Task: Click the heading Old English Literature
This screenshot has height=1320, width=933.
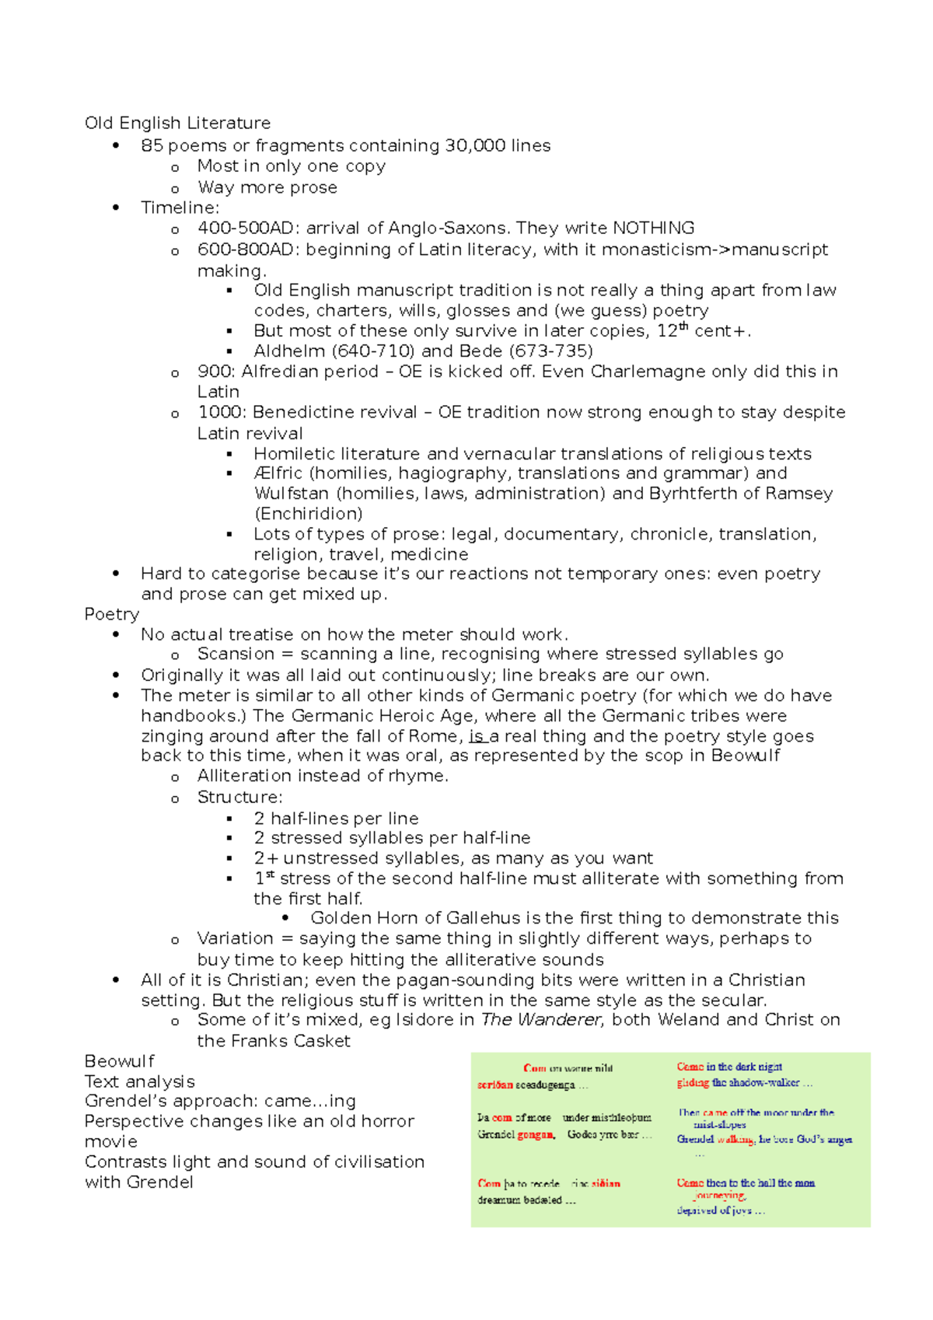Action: pyautogui.click(x=177, y=123)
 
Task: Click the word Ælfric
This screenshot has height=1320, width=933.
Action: pyautogui.click(x=278, y=473)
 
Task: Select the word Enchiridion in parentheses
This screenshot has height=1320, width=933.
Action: pyautogui.click(x=309, y=514)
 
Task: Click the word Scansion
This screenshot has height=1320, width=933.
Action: pyautogui.click(x=236, y=654)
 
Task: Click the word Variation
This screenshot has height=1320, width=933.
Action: pyautogui.click(x=235, y=938)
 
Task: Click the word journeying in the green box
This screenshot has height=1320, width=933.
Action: pyautogui.click(x=720, y=1196)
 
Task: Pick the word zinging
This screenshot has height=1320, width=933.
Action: pyautogui.click(x=172, y=736)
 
